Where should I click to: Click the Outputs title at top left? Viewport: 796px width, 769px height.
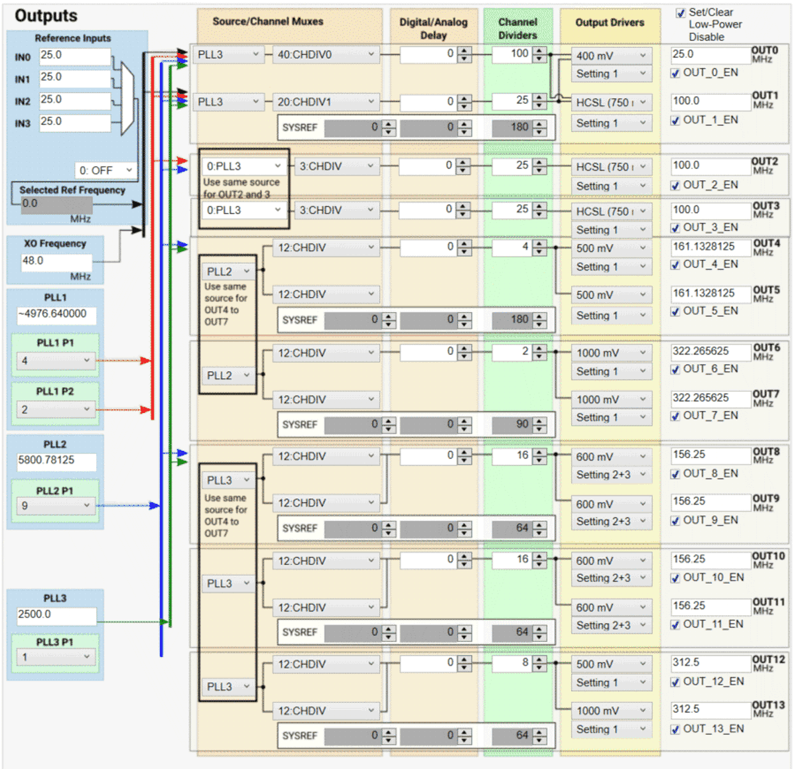[x=46, y=16]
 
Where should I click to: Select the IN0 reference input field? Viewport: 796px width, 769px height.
[x=74, y=56]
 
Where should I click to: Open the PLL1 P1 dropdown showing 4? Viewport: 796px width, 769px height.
[x=55, y=361]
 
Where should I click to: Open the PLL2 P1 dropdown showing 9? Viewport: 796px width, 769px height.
[x=55, y=506]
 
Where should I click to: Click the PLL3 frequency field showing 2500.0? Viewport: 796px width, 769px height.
[x=56, y=615]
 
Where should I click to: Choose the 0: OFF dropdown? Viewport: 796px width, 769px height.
[x=105, y=170]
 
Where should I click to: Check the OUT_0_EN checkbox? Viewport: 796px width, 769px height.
[x=675, y=73]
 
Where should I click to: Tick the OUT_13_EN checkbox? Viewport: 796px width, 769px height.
[x=675, y=729]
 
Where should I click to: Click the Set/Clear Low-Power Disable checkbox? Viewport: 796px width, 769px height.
[x=680, y=13]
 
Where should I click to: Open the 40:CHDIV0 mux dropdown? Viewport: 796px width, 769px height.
[x=326, y=54]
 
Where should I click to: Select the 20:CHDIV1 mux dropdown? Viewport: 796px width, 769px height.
[x=326, y=102]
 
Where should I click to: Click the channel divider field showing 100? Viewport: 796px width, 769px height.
[x=511, y=54]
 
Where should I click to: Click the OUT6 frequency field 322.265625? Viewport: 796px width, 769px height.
[x=710, y=351]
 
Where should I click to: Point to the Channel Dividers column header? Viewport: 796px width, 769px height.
[x=517, y=29]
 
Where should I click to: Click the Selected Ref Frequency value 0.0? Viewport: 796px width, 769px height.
[x=56, y=204]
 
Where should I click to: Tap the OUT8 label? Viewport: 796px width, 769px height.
[x=765, y=452]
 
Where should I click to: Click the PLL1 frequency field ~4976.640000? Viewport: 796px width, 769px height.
[x=56, y=314]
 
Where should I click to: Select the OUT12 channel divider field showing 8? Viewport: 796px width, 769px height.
[x=511, y=663]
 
